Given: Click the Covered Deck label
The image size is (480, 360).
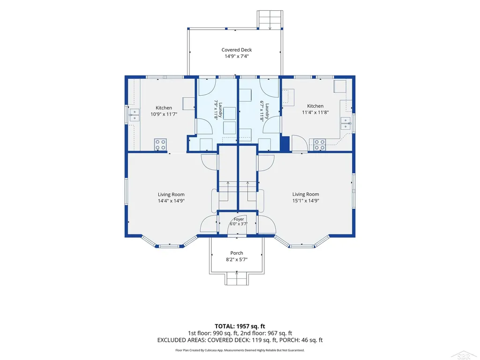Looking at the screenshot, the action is [237, 50].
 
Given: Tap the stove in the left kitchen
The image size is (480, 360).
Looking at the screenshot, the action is [160, 144].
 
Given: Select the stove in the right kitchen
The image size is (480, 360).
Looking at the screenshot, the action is [320, 144].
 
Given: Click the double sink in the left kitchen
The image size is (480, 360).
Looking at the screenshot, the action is [135, 115].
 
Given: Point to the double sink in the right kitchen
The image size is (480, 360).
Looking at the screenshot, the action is [346, 123].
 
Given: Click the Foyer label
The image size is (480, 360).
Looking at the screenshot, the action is [239, 219].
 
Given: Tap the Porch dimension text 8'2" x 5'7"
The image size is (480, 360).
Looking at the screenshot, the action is [237, 260].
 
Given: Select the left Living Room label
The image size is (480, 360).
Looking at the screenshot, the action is [171, 195].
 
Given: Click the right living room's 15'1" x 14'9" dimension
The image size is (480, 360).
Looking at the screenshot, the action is [306, 201].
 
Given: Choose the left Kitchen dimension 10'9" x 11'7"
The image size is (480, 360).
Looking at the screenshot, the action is [164, 114].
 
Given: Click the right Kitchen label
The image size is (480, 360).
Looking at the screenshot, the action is [315, 106].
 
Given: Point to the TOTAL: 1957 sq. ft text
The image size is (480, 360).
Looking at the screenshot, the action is [240, 326].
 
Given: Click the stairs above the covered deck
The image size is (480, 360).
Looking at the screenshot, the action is [270, 20].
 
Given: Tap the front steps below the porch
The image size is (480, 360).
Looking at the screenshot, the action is [237, 279].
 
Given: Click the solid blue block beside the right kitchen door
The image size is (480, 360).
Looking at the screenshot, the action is [285, 143].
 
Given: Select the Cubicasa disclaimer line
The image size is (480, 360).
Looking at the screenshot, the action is [240, 350].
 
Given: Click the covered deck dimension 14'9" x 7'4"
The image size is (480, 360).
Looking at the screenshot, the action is [237, 56].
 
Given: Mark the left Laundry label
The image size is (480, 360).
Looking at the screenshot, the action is [218, 110].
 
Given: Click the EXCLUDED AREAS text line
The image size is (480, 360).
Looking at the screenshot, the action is [240, 340].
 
